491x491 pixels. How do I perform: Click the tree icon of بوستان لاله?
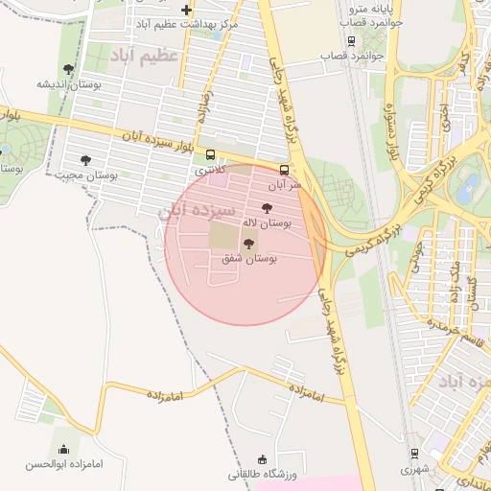coord(267,207)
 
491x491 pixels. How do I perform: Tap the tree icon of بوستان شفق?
coord(250,244)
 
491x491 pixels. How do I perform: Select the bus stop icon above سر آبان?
coord(283,168)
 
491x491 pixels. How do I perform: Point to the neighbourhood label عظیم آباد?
coord(146,57)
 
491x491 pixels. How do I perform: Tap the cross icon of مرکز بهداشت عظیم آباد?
coord(185,11)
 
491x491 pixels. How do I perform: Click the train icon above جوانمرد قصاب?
coord(351,41)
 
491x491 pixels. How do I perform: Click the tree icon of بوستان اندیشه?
coord(67,69)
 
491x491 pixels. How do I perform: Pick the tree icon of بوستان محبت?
coord(86,160)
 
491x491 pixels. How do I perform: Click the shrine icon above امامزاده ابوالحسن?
coord(63,449)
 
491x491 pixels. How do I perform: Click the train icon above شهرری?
coord(414,454)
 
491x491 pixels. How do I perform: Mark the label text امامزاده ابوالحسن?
coord(63,464)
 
